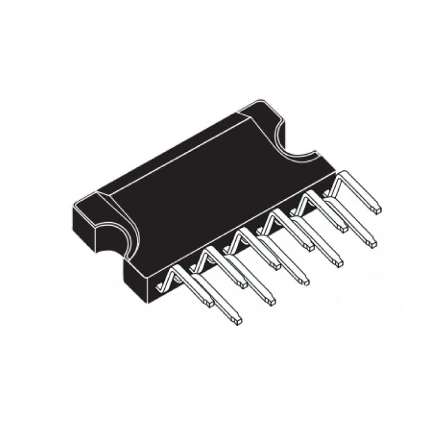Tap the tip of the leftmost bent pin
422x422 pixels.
pos(209,303)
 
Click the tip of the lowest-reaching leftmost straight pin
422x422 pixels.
pos(239,321)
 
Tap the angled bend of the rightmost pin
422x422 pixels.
pos(338,183)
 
